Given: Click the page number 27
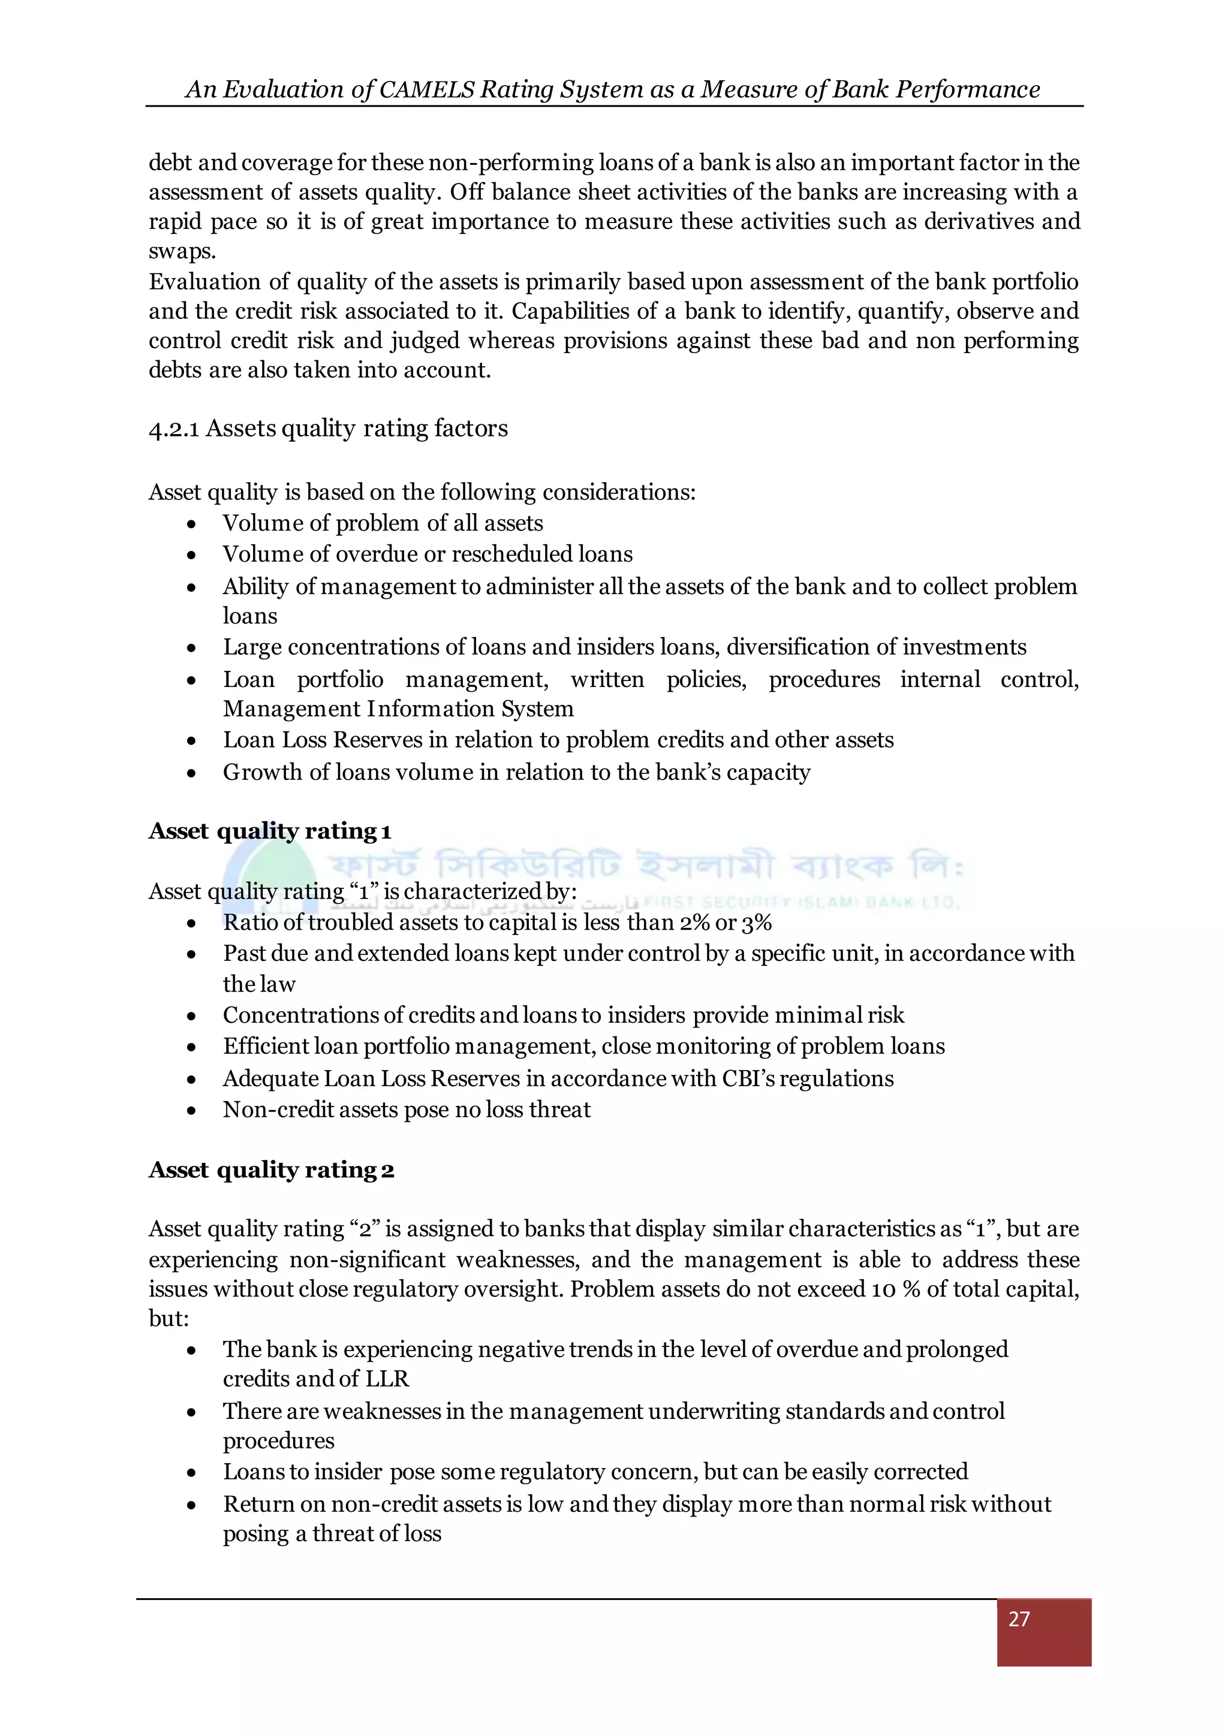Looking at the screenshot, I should (x=1019, y=1618).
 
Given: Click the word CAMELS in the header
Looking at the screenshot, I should (x=428, y=89).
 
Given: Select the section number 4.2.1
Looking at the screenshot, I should (x=174, y=429).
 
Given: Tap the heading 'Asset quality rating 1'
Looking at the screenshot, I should (x=270, y=831).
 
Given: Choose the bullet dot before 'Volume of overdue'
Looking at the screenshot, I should (x=192, y=554).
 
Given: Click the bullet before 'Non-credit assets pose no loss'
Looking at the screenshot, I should (x=192, y=1110).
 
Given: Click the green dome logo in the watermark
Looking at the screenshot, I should (x=272, y=870).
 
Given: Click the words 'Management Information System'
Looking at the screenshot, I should (x=398, y=709).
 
